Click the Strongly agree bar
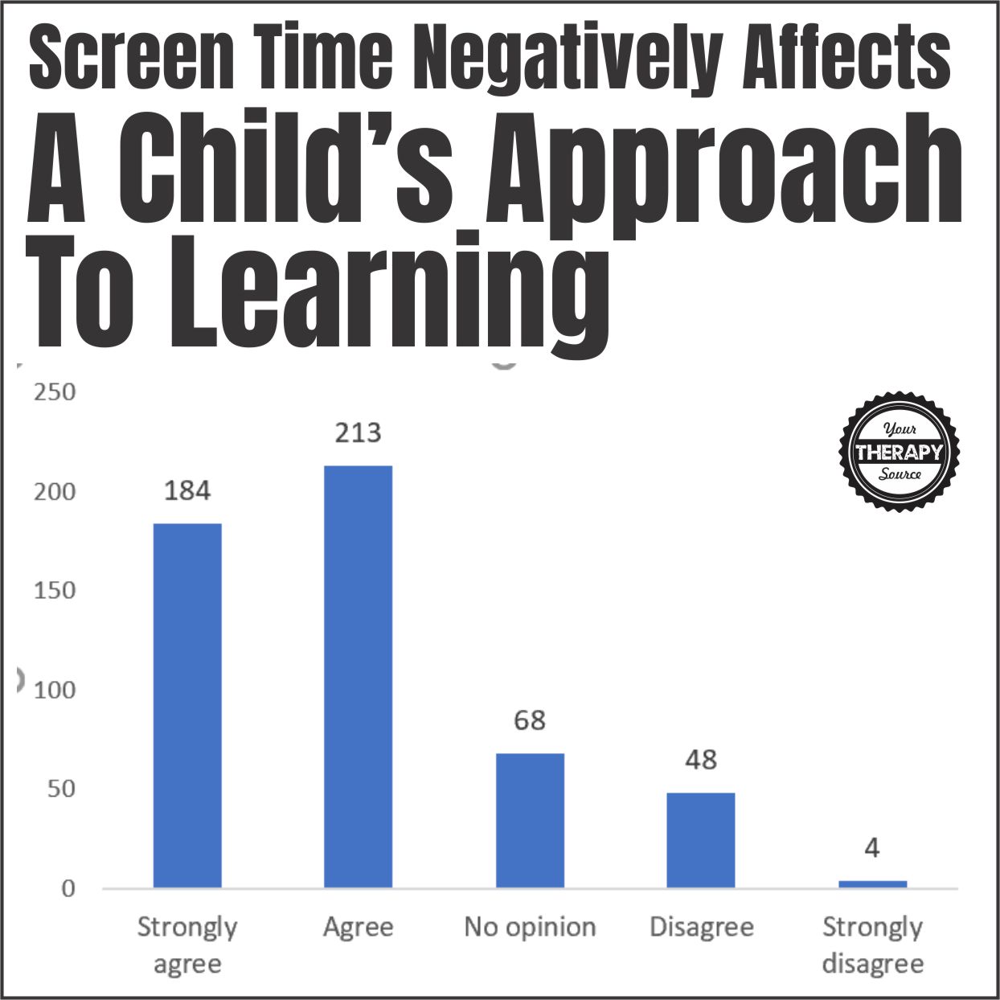click(187, 705)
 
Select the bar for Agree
click(358, 676)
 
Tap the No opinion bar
click(530, 820)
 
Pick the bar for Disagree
click(701, 840)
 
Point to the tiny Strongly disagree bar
click(872, 884)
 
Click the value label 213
click(358, 433)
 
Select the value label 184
click(187, 490)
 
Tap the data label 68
click(530, 720)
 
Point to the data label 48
click(701, 760)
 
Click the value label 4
click(872, 847)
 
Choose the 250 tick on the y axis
click(55, 392)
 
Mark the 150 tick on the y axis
click(55, 590)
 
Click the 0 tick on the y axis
click(68, 888)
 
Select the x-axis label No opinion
click(530, 927)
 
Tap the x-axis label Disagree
click(701, 927)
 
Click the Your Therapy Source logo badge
click(900, 452)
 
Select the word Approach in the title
click(723, 173)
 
